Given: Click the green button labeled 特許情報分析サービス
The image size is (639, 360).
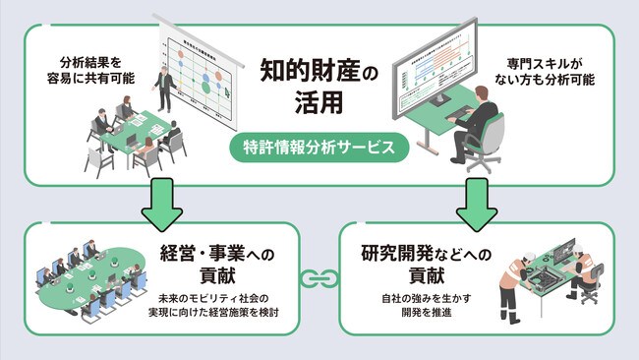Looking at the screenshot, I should pos(319,149).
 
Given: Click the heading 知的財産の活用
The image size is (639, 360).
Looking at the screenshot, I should pos(319,86).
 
